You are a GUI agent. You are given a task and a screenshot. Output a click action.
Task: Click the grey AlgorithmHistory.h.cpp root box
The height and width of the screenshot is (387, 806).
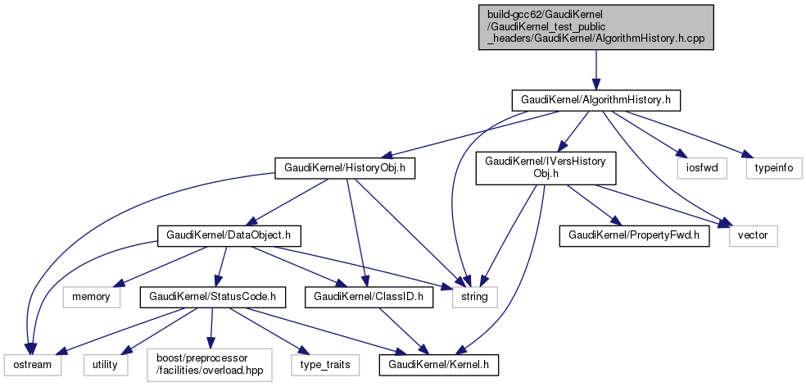point(595,27)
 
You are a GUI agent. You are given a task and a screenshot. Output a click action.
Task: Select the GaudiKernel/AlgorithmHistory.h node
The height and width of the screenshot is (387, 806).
point(595,100)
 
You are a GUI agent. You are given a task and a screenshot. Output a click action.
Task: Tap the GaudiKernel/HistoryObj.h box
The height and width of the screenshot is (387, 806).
point(345,169)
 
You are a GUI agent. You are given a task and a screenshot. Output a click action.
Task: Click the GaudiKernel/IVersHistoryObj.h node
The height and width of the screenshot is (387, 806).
point(546,167)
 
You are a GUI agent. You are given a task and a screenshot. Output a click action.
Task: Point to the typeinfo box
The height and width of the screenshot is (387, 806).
point(772,169)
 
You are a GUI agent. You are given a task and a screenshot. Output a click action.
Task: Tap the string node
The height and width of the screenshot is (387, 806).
point(474,296)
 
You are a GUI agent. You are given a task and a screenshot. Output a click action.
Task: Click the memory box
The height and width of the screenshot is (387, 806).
point(91,296)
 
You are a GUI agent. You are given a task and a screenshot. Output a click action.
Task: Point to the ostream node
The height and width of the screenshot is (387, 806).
point(32,362)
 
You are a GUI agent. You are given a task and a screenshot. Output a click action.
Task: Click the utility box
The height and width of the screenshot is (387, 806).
point(105,362)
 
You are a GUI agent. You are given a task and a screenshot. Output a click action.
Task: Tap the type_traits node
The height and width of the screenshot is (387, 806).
point(319,362)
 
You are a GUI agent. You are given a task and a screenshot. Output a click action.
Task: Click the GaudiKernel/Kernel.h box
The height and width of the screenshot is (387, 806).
point(438,362)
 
